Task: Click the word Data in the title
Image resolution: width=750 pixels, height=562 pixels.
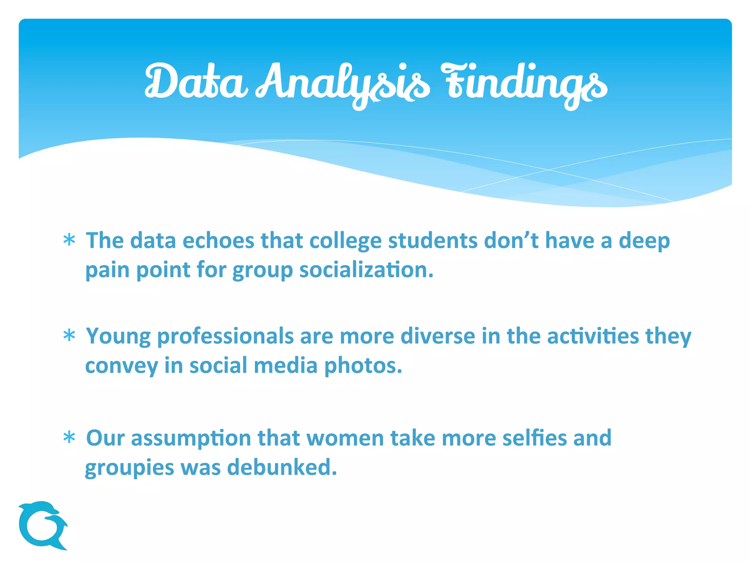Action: (x=196, y=82)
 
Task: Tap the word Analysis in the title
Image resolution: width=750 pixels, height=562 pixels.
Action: (x=342, y=84)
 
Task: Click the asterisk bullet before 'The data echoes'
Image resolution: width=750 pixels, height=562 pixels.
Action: (x=69, y=241)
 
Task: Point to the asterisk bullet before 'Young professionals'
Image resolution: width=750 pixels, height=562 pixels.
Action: (x=69, y=336)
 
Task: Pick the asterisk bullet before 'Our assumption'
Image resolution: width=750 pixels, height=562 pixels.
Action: (x=69, y=438)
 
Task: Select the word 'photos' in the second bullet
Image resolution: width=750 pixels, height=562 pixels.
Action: (x=363, y=366)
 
